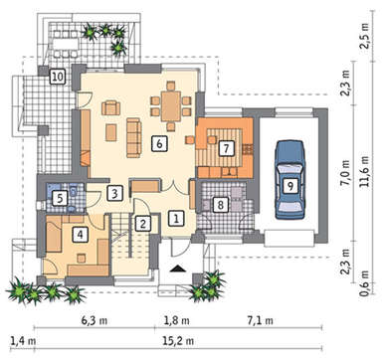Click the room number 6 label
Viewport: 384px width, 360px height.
tap(159, 144)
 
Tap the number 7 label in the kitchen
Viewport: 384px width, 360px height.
tap(226, 148)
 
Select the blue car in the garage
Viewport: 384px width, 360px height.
tap(289, 179)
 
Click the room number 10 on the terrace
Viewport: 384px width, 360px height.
tap(58, 77)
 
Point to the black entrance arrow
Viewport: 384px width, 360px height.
tap(177, 269)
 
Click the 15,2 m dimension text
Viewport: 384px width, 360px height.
tap(178, 340)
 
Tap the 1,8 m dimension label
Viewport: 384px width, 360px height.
tap(177, 321)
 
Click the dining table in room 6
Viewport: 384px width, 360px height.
tap(171, 106)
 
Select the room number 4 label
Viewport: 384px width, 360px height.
tap(80, 235)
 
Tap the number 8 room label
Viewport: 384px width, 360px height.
tap(220, 205)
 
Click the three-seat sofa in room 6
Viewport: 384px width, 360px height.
tap(134, 137)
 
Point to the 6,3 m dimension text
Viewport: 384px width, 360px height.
tap(95, 321)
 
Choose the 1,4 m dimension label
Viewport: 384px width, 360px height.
tap(23, 340)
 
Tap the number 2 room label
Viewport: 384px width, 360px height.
tap(143, 223)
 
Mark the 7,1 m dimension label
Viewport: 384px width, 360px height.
tap(261, 321)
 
